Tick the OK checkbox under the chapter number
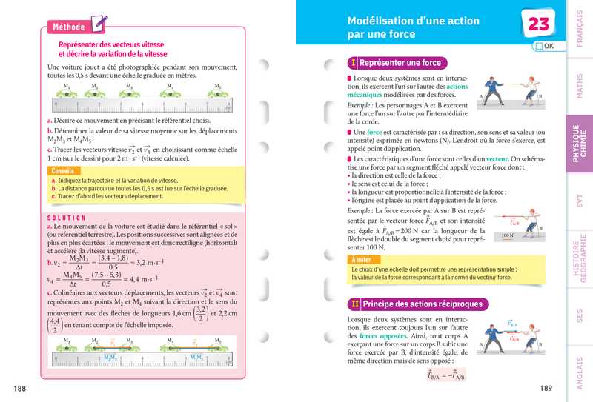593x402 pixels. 538,46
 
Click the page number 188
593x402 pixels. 21,389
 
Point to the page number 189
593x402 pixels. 546,389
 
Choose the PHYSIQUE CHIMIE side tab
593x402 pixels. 579,143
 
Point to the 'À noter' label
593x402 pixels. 361,260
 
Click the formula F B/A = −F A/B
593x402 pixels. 445,376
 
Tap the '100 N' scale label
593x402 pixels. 507,236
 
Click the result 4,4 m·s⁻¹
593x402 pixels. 154,280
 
